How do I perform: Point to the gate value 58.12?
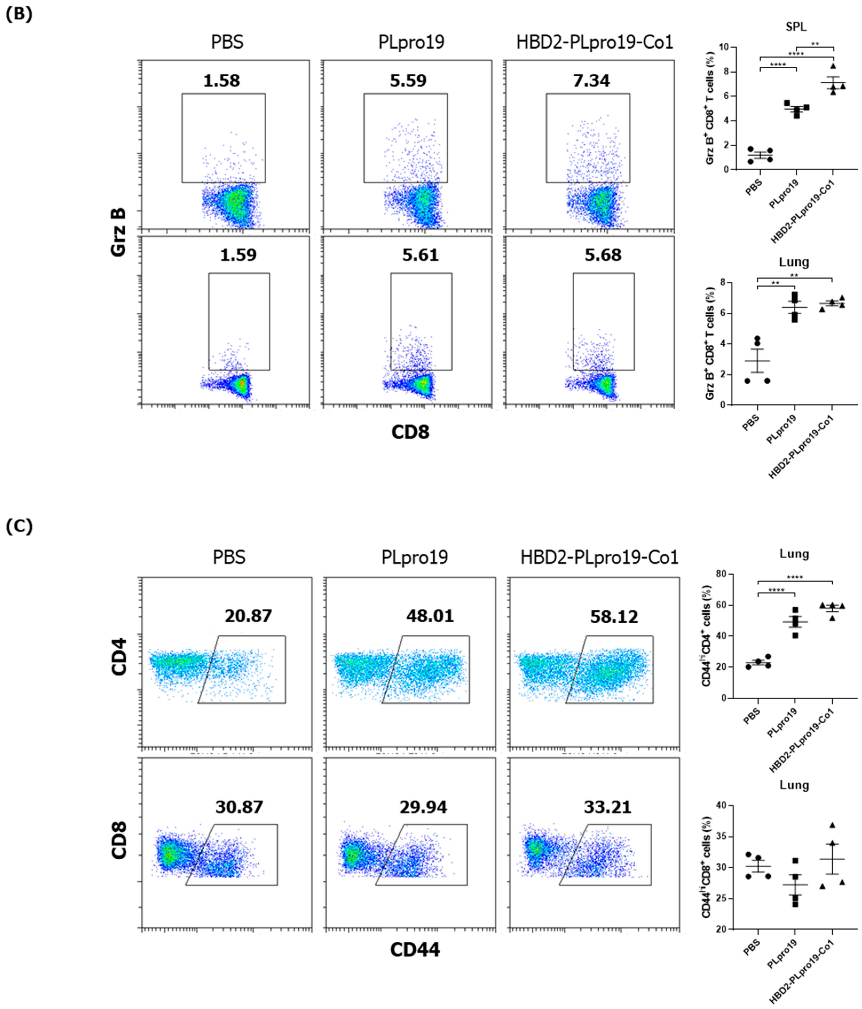tap(614, 617)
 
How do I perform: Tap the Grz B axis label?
tap(118, 232)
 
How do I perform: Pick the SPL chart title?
tap(796, 27)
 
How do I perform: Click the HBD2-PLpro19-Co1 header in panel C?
tap(599, 557)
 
